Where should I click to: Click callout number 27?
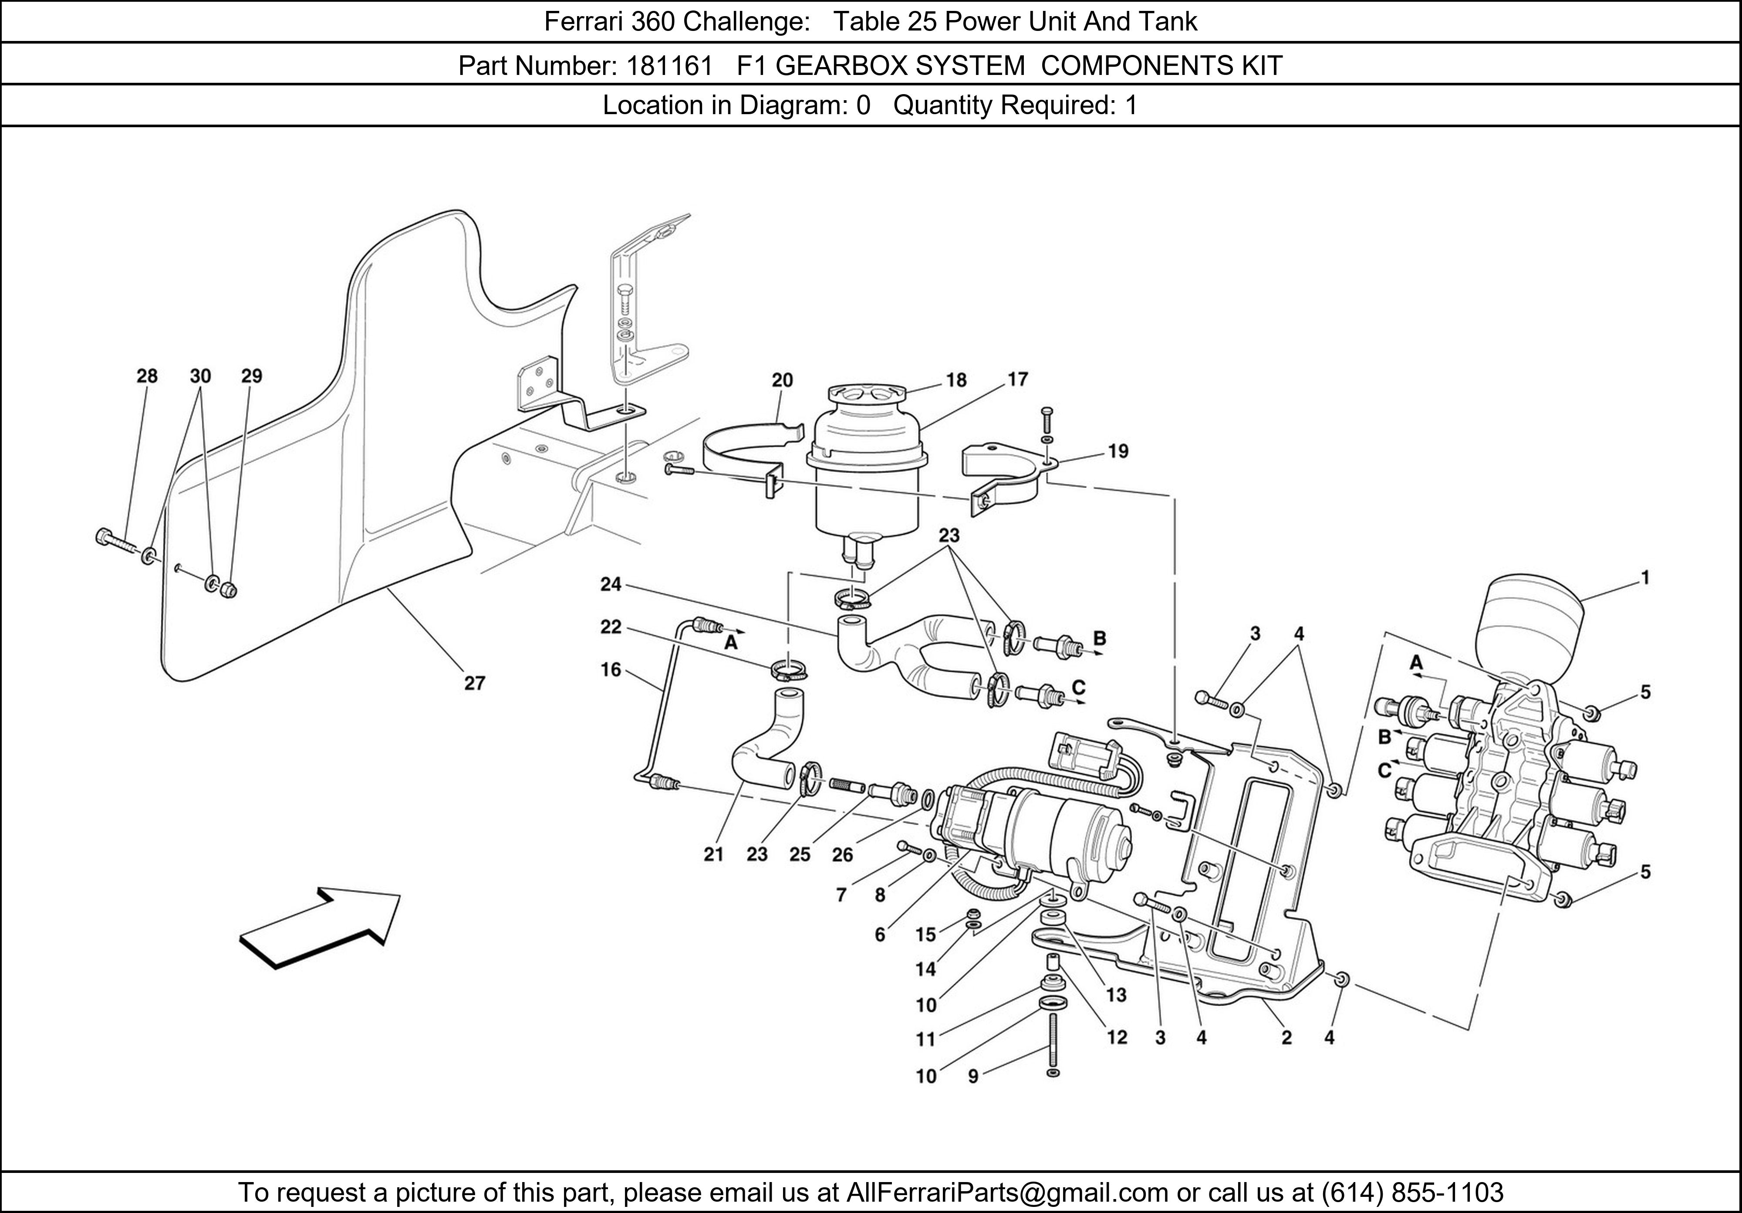[x=474, y=683]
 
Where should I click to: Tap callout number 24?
[x=611, y=584]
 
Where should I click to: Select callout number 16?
[x=611, y=670]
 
